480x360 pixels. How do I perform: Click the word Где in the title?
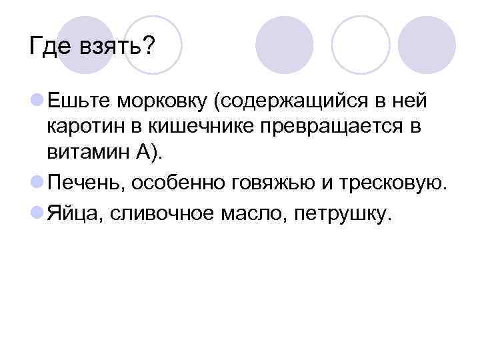(51, 47)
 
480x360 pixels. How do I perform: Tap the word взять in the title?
(115, 47)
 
